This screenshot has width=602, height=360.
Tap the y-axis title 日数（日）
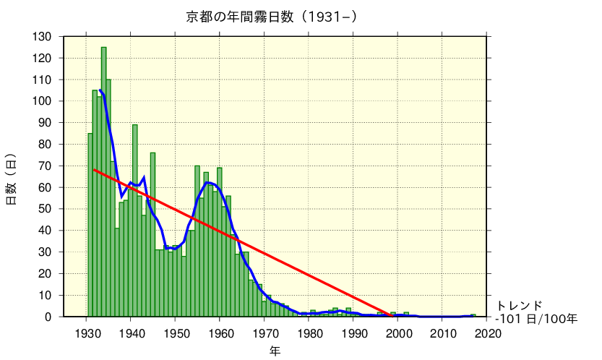[12, 179]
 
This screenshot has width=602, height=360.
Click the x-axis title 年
[275, 351]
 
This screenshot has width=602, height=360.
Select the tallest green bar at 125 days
[103, 181]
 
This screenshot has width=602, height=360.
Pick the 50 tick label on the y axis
[46, 209]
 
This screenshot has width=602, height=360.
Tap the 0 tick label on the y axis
[48, 317]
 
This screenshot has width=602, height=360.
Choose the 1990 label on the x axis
[353, 333]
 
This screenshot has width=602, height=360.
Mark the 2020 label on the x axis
[487, 333]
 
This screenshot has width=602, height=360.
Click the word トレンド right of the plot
[518, 305]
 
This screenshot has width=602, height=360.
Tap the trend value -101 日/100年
[536, 318]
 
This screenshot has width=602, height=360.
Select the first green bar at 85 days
[90, 225]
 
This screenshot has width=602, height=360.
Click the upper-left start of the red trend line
[95, 170]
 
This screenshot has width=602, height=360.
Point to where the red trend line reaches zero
[391, 316]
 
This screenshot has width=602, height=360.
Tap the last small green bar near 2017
[473, 315]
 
